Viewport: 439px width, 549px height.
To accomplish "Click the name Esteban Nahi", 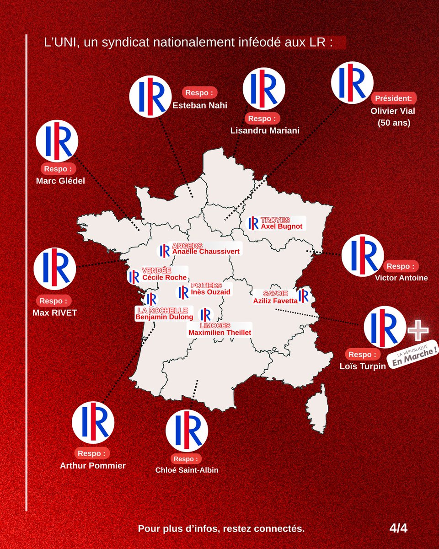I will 199,105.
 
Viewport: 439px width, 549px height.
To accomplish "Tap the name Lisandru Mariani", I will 265,130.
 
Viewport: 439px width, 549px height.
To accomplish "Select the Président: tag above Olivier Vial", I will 394,98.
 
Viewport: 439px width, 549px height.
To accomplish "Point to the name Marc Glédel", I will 60,180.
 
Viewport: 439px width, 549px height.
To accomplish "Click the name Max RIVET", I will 55,313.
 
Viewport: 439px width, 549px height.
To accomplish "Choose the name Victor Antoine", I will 401,278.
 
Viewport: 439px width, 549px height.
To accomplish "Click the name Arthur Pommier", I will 93,466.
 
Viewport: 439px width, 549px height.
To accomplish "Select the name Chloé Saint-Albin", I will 187,470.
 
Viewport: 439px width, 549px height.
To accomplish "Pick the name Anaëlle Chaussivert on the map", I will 206,251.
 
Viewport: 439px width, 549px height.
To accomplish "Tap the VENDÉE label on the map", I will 156,270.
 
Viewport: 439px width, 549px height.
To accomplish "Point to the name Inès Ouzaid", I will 211,292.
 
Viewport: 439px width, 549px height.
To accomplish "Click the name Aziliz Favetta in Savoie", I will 275,301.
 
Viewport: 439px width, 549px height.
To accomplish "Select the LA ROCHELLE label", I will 162,310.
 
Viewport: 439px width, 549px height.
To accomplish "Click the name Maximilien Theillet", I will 220,333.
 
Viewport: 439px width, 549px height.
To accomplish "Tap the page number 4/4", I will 398,528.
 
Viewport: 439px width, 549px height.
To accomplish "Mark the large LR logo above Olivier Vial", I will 352,83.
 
